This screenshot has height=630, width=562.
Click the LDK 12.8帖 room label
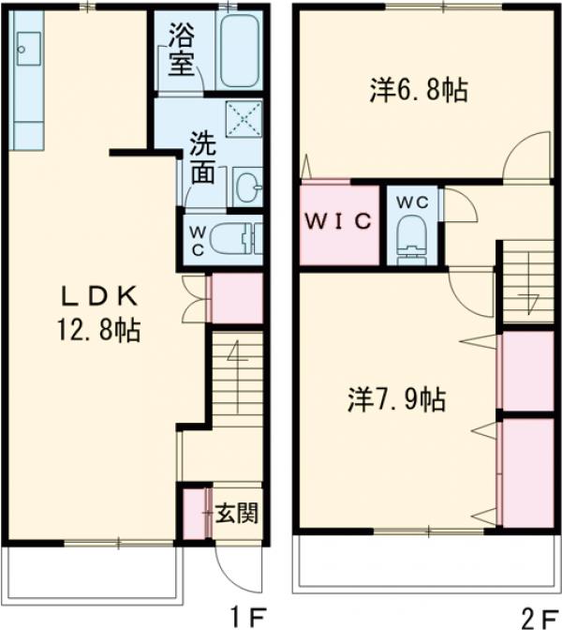pyautogui.click(x=100, y=314)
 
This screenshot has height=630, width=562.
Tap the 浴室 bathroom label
pyautogui.click(x=181, y=52)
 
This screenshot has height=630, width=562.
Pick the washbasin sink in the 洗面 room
pyautogui.click(x=246, y=184)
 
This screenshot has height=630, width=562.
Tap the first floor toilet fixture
pyautogui.click(x=233, y=238)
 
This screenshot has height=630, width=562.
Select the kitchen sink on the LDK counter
pyautogui.click(x=25, y=45)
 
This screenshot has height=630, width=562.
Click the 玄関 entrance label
pyautogui.click(x=237, y=513)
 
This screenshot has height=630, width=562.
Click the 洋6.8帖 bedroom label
pyautogui.click(x=419, y=91)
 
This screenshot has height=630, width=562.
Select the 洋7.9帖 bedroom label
pyautogui.click(x=392, y=400)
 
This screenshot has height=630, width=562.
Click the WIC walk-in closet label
pyautogui.click(x=339, y=222)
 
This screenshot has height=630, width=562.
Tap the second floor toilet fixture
pyautogui.click(x=412, y=240)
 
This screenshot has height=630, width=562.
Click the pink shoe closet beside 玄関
pyautogui.click(x=193, y=513)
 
